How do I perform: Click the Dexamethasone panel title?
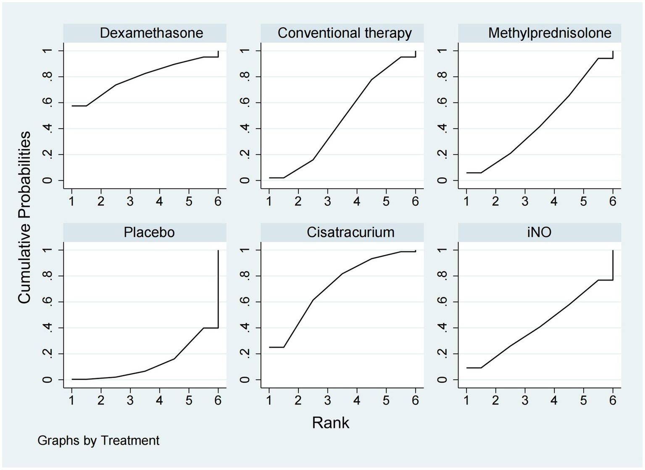(x=151, y=33)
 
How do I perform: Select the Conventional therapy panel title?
(x=345, y=33)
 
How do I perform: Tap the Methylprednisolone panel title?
(x=550, y=33)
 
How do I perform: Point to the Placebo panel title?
(x=149, y=232)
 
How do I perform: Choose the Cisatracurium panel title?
(x=350, y=232)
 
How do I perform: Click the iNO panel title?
(x=539, y=232)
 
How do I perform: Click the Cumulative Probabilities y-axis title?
(x=24, y=217)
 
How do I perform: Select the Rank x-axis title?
(x=330, y=423)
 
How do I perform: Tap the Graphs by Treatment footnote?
(x=98, y=441)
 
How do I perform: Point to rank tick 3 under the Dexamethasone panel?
(x=130, y=202)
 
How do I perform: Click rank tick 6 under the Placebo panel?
(x=218, y=401)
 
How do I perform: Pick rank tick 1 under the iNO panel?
(x=466, y=401)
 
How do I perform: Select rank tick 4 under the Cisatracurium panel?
(x=357, y=401)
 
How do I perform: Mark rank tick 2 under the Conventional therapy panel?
(x=298, y=202)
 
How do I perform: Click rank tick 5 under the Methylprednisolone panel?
(x=583, y=202)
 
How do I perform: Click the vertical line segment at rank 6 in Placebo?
(x=218, y=290)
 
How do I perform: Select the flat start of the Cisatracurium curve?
(x=276, y=347)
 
